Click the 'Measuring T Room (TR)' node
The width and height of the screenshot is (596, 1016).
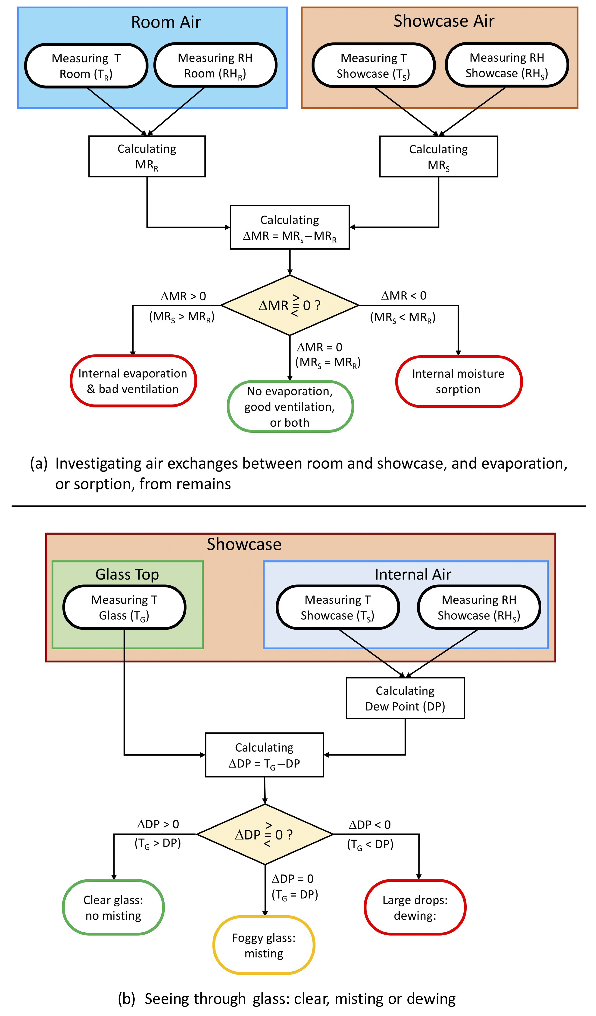point(86,66)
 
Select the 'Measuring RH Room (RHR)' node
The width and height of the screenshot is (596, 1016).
point(215,65)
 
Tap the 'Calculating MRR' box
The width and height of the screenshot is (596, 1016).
point(147,156)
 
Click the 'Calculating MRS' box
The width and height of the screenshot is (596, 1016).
point(438,157)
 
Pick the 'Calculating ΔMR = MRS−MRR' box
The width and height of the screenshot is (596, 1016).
point(290,227)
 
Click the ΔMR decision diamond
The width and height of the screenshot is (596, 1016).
point(290,305)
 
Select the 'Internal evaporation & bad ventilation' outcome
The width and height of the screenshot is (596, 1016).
point(133,381)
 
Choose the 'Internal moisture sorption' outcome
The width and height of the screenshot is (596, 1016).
point(459,381)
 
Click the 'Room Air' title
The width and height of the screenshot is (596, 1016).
point(166,22)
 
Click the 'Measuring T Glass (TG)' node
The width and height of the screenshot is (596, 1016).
point(124,607)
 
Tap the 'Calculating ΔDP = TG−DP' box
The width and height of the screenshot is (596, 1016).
point(264,755)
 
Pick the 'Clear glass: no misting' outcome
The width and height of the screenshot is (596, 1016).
point(113,908)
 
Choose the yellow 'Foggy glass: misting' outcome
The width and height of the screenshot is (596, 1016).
point(264,945)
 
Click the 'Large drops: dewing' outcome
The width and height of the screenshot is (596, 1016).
point(415,908)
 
